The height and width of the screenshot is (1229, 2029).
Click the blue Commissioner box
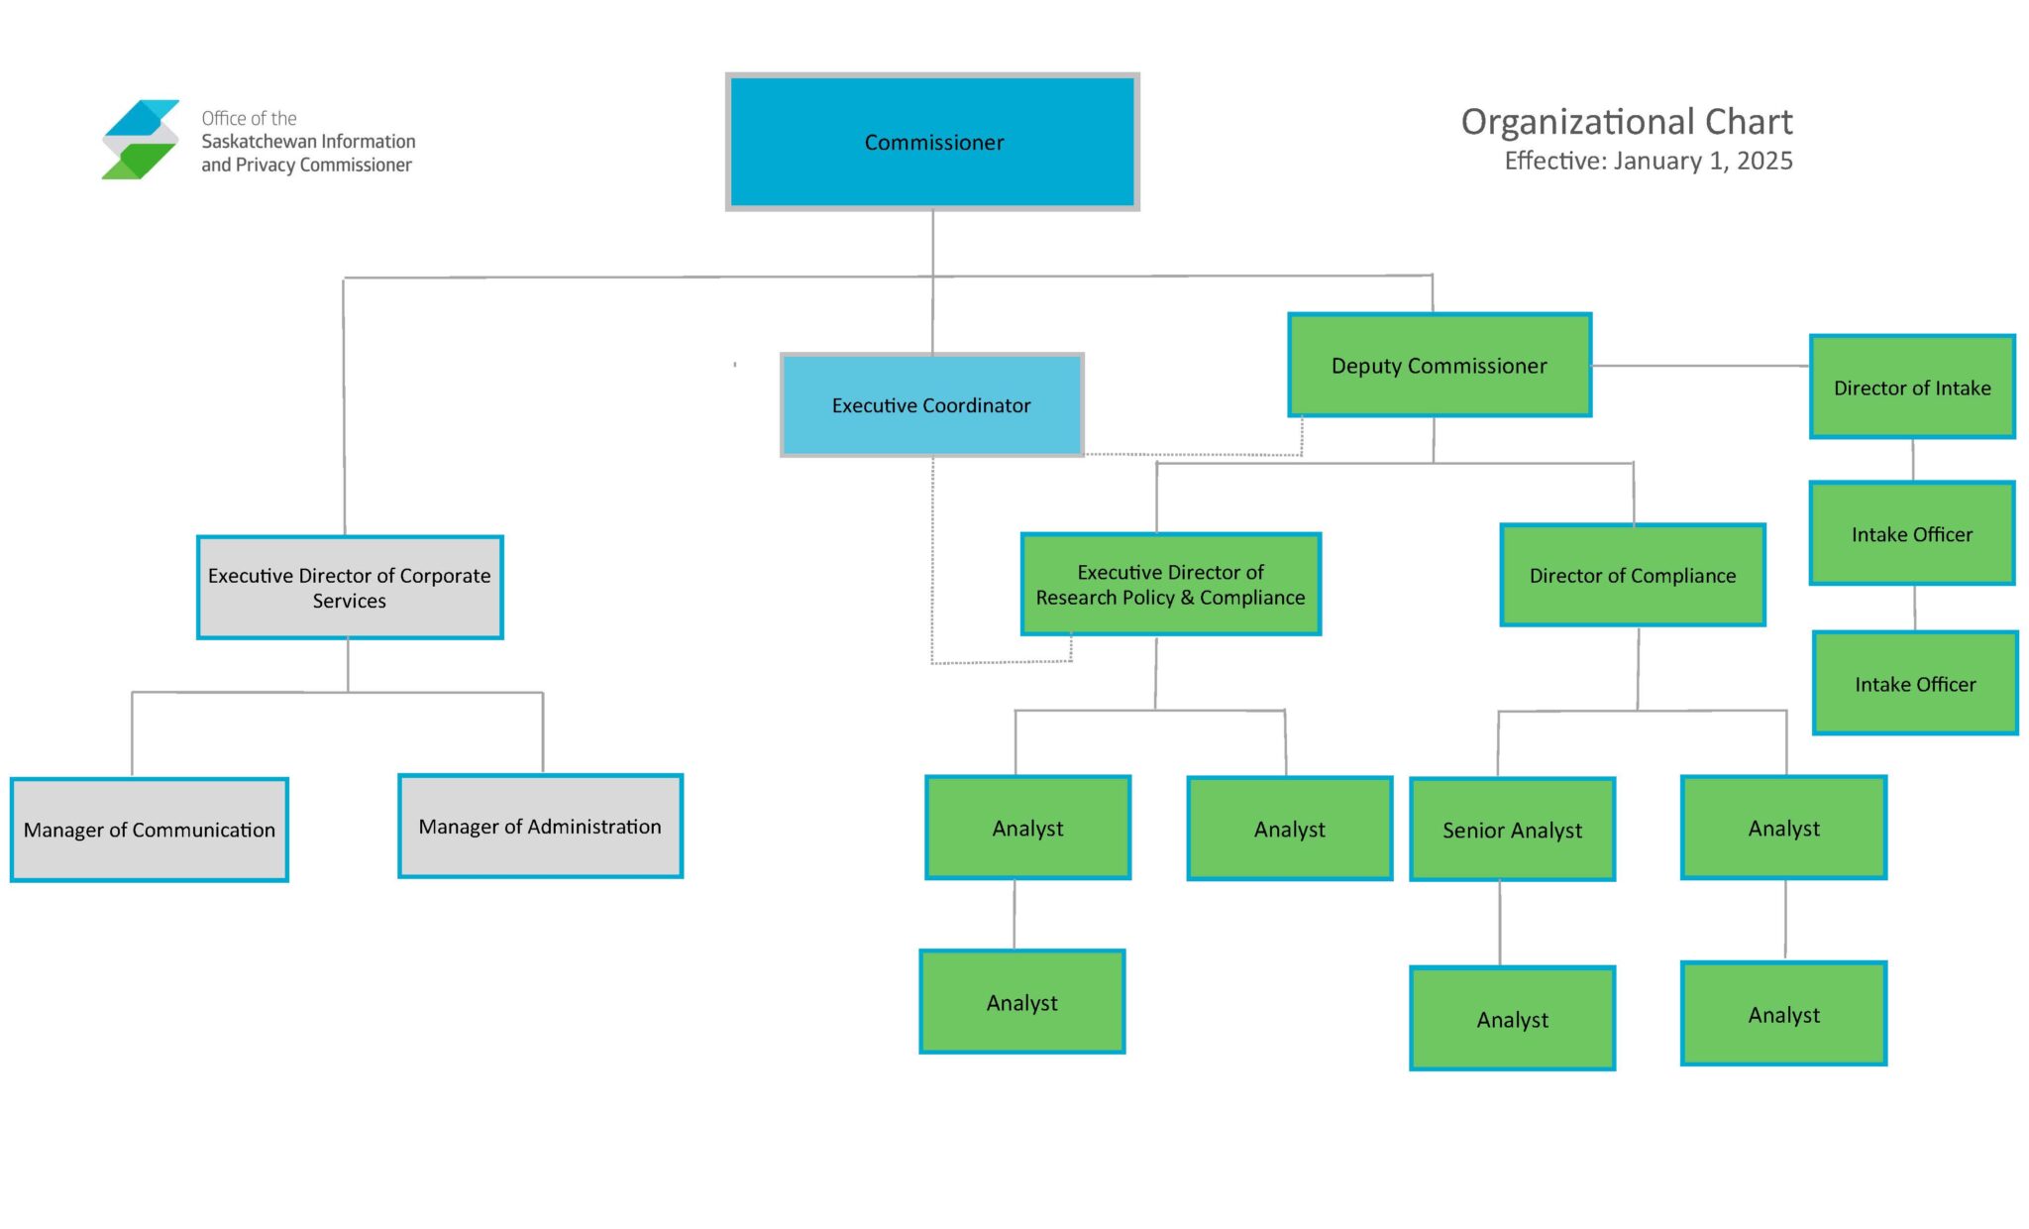click(932, 142)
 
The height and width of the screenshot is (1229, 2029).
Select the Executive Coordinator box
click(931, 405)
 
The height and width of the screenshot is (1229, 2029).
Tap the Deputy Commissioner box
click(1439, 366)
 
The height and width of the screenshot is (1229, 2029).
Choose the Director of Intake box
click(1911, 388)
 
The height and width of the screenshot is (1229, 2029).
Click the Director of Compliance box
click(1632, 576)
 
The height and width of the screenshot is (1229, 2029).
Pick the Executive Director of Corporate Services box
click(349, 588)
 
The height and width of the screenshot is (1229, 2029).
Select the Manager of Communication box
click(149, 830)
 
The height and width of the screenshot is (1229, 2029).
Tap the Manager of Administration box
click(540, 827)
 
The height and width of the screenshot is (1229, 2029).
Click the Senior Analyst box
click(1512, 830)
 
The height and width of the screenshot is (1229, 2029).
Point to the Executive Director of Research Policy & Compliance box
click(1170, 585)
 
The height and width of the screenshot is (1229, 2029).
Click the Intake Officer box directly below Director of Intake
click(1911, 534)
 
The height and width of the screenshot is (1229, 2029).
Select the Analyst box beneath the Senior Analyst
click(1512, 1019)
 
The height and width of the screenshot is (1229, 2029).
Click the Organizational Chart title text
click(1626, 122)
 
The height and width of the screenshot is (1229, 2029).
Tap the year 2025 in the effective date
click(1764, 162)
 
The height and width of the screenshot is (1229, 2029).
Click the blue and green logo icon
click(141, 140)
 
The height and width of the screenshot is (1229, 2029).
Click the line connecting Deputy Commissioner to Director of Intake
click(1699, 366)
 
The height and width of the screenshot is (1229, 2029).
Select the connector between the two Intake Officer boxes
click(1914, 608)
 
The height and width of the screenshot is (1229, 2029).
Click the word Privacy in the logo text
click(267, 166)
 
